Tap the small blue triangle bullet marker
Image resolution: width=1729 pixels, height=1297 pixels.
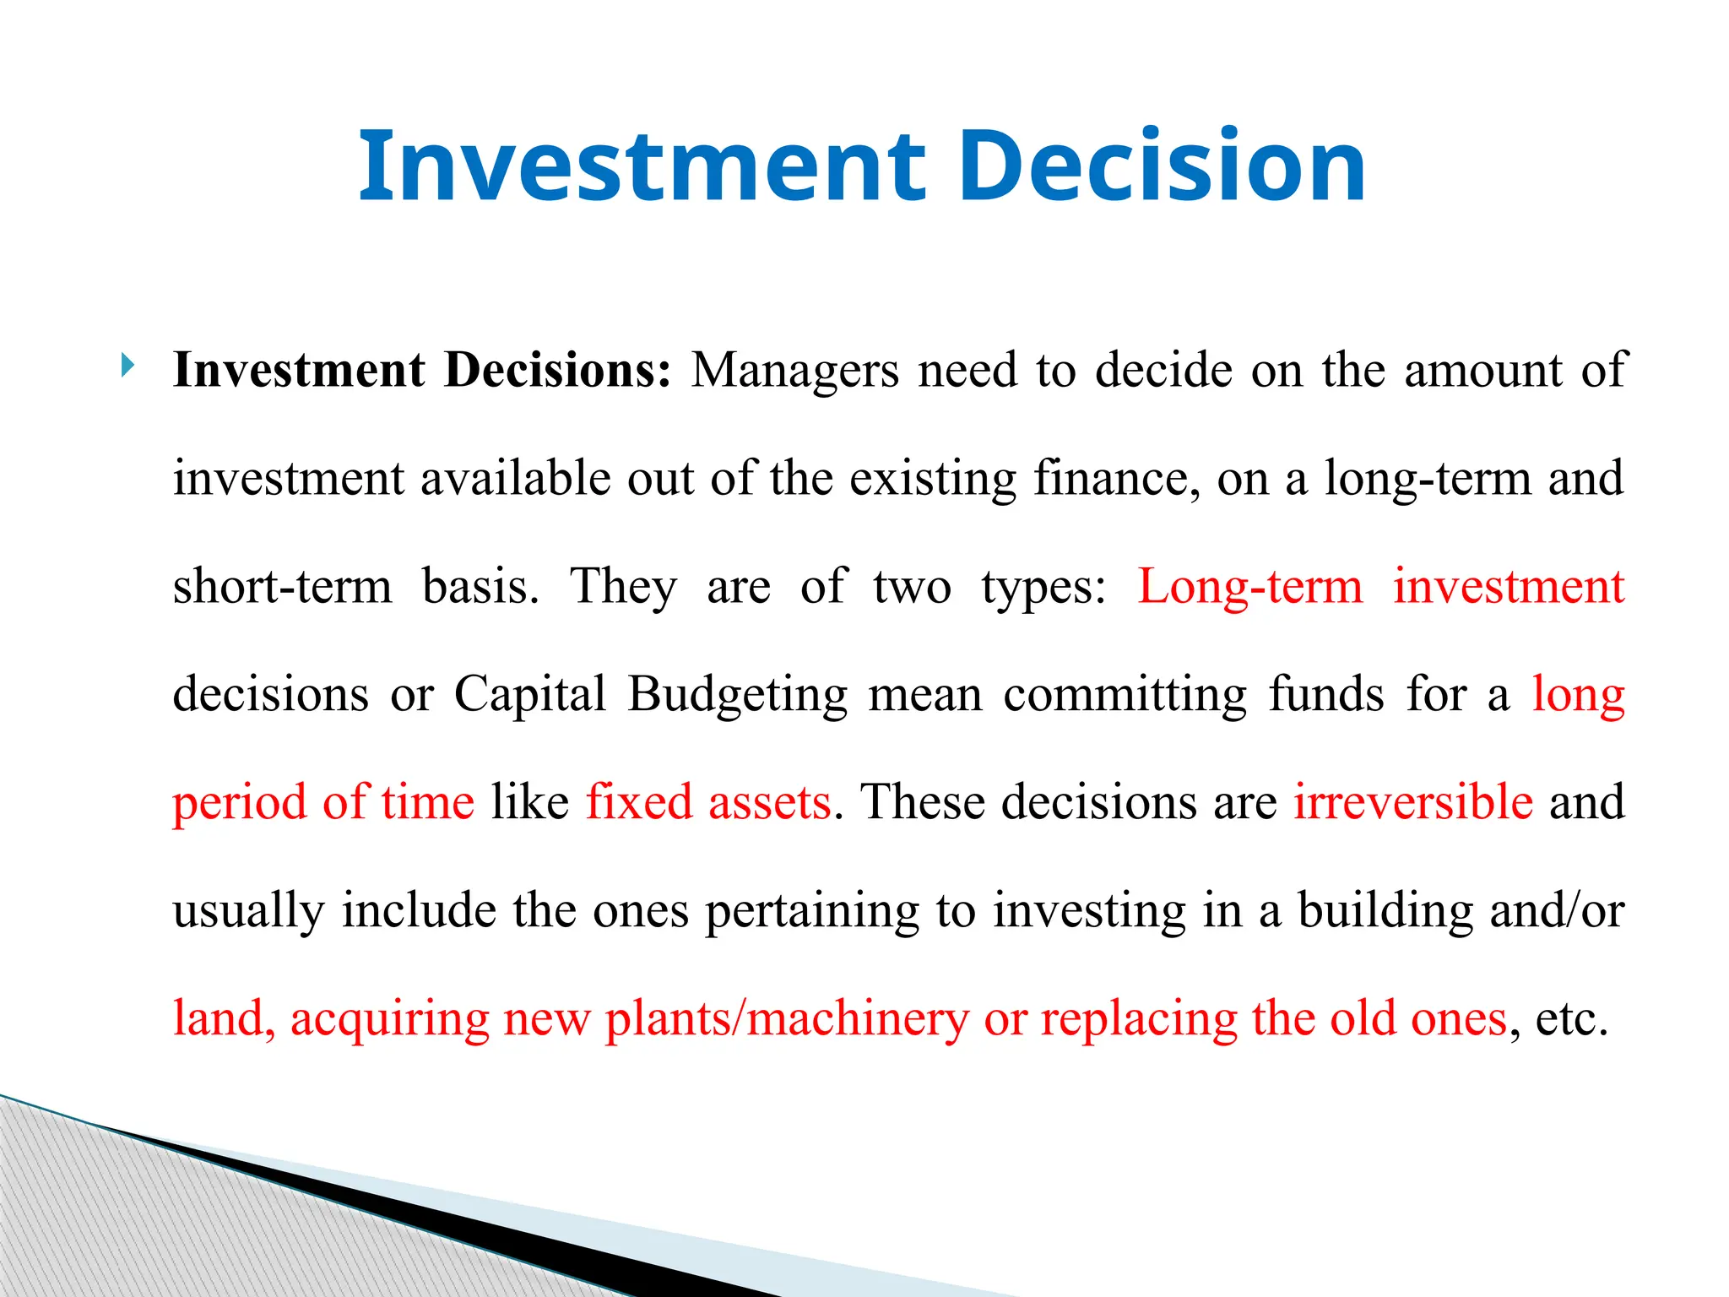127,366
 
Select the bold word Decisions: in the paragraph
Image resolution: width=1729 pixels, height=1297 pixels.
557,371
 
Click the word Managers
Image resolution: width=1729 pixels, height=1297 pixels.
794,371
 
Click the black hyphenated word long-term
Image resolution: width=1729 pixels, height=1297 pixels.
1428,479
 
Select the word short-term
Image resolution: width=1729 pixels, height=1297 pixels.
283,587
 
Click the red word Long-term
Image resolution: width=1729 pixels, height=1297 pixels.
1250,587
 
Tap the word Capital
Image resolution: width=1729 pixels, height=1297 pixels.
530,695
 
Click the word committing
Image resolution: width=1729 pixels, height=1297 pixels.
1125,695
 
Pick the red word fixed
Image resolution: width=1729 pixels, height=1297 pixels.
639,802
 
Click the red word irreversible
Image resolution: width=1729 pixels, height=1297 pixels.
1413,802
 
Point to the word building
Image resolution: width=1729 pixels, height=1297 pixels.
1385,911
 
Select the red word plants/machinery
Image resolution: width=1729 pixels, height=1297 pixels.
787,1019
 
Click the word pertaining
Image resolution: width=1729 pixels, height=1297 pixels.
812,911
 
